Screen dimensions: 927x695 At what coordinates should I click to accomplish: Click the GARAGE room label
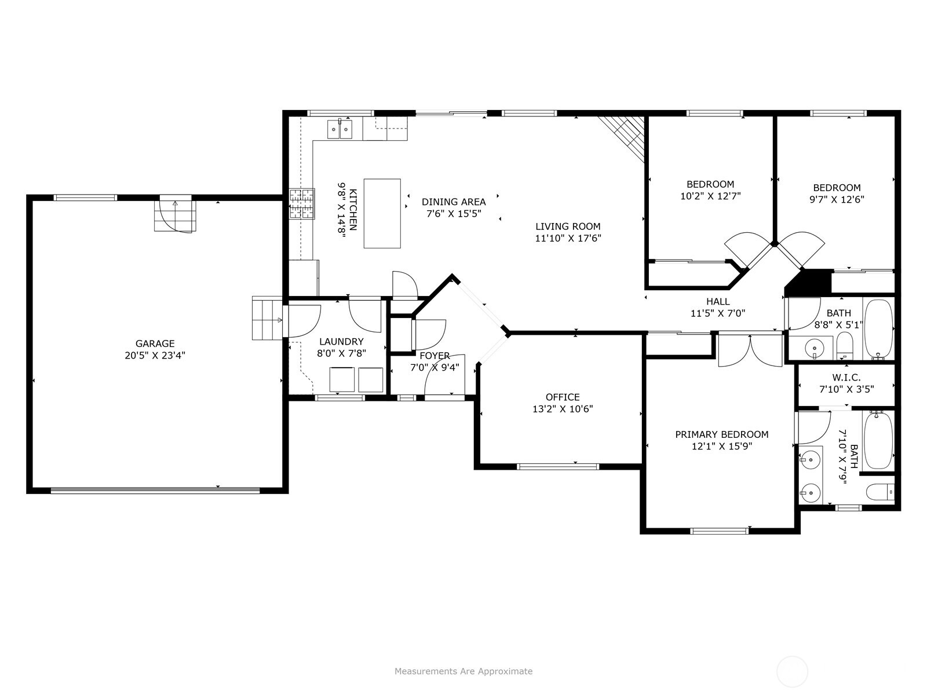click(155, 343)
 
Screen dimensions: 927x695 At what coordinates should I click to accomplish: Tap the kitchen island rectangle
click(382, 214)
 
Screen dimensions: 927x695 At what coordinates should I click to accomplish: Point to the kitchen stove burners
click(302, 204)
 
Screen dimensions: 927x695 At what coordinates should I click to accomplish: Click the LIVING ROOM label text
click(568, 226)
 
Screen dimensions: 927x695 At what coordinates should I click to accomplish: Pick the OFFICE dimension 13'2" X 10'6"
click(563, 409)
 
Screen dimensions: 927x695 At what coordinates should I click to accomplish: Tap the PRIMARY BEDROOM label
click(722, 434)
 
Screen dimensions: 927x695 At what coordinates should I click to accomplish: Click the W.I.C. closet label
click(846, 377)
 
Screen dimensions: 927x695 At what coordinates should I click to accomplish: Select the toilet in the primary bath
click(881, 492)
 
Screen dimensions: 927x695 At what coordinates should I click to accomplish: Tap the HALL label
click(718, 301)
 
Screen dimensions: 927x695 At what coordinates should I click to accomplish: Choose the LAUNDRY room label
click(341, 341)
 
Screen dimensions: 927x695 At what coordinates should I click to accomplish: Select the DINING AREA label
click(454, 202)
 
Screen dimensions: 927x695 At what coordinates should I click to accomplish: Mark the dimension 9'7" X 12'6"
click(837, 199)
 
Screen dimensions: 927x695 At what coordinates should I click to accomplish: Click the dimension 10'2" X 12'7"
click(710, 196)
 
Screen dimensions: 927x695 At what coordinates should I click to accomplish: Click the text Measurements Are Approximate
click(463, 671)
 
